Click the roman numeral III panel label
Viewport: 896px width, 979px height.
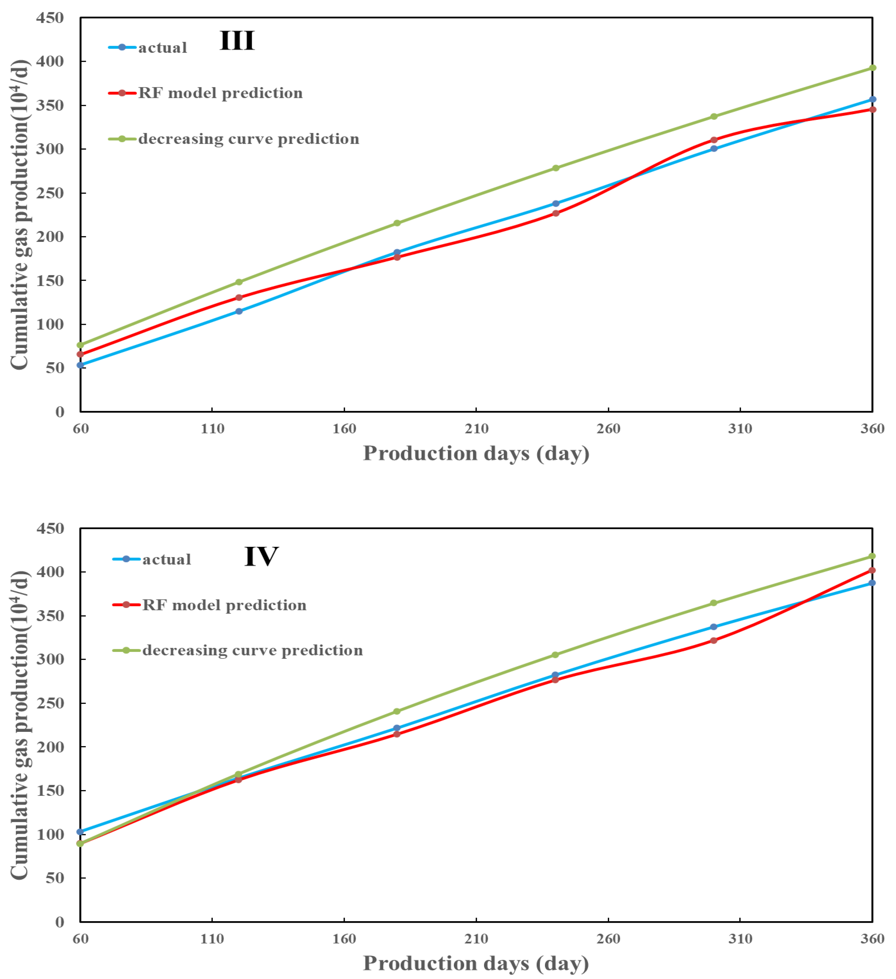[237, 40]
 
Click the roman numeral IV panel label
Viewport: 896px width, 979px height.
[261, 556]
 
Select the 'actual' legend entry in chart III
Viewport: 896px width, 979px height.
[162, 48]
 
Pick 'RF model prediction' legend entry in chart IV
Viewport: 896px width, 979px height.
[224, 605]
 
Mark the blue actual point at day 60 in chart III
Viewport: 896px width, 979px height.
[81, 365]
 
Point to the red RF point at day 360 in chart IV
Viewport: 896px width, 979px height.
[872, 570]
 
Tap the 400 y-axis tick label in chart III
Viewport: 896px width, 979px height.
[50, 62]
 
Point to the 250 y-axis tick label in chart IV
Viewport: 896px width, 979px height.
[50, 703]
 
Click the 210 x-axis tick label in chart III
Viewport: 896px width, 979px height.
[476, 429]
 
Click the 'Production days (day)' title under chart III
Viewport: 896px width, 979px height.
[476, 454]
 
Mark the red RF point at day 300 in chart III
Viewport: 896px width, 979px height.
[714, 140]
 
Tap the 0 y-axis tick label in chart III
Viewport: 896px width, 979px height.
[60, 412]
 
